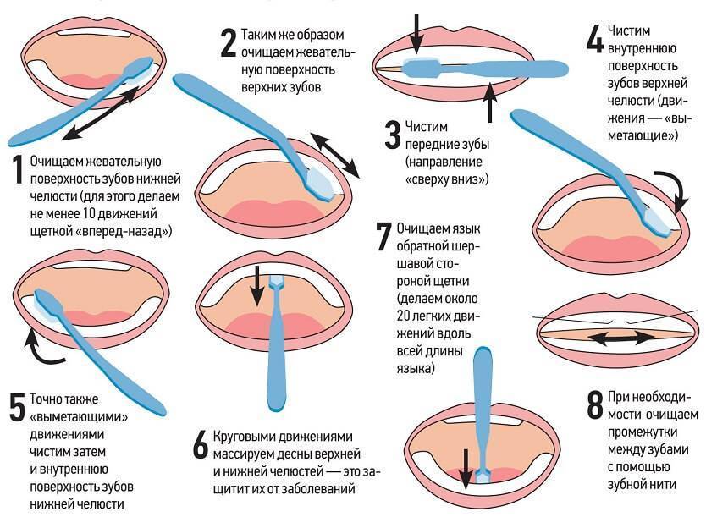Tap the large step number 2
click(227, 42)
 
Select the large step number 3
click(391, 135)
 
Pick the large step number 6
click(200, 443)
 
